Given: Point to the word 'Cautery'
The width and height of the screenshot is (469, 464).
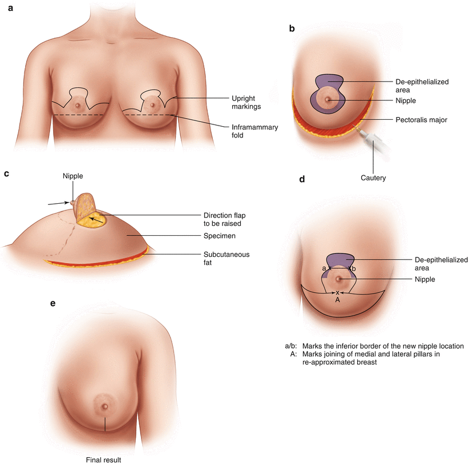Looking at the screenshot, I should point(374,178).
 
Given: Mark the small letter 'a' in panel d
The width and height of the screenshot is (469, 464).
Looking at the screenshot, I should point(324,268).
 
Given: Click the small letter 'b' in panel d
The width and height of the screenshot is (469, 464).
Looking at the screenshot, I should point(354,268).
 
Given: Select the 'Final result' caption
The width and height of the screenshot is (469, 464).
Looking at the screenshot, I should point(103,459).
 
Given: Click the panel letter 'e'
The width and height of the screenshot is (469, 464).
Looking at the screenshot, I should point(53,303).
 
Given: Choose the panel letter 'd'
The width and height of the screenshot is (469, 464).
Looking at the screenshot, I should point(302,179).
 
